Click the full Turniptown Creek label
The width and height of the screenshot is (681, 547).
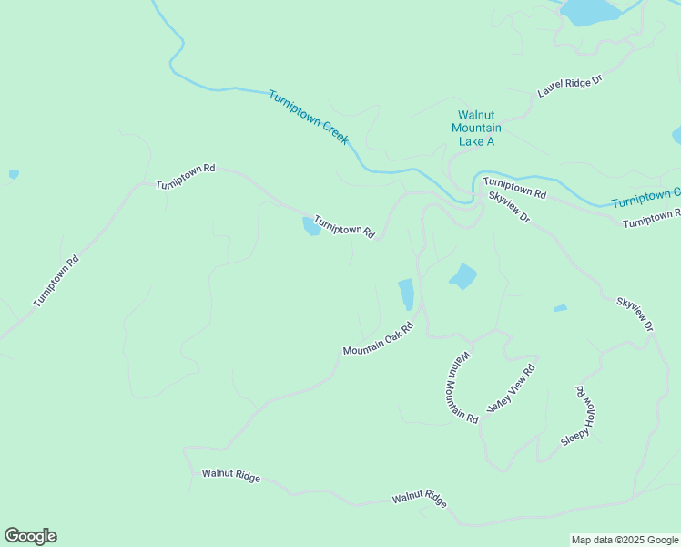309,117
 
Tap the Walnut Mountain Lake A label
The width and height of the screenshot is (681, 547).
476,129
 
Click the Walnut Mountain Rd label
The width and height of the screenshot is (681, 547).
462,387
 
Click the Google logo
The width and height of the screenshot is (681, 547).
30,536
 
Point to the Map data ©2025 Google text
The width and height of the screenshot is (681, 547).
625,540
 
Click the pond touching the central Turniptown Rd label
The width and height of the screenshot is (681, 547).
311,226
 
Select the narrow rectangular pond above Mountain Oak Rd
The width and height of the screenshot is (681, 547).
406,294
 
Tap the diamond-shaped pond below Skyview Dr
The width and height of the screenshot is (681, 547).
462,275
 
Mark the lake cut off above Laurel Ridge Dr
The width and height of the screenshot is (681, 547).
590,11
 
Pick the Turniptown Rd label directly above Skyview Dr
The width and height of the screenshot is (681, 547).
514,188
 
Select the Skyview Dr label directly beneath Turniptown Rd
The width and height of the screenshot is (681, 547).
509,208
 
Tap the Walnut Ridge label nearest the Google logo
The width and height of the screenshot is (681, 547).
231,475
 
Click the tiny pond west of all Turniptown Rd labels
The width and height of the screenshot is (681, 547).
14,173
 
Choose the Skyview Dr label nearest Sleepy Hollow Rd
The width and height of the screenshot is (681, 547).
635,314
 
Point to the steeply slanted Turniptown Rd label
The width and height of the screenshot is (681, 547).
56,281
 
